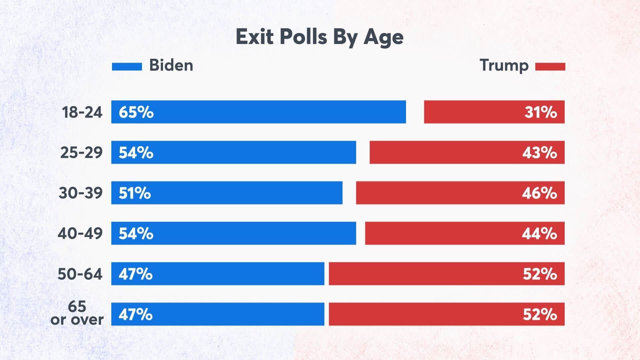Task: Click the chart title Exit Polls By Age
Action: coord(319,37)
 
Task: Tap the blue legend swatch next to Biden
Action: coord(127,67)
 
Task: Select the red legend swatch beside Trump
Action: coord(550,67)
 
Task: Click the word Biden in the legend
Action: coord(171,65)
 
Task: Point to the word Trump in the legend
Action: coord(504,66)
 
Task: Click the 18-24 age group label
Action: coord(82,112)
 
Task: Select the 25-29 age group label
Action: coord(81,153)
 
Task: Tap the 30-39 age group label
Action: coord(81,193)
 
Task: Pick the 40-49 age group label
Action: coord(80,233)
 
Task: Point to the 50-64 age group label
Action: coord(80,274)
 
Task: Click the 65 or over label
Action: coord(77,313)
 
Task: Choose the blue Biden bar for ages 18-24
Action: coord(267,112)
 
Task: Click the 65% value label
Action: coord(136,112)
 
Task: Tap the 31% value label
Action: coord(541,112)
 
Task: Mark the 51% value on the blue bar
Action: coord(135,193)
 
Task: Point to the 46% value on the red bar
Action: coord(539,193)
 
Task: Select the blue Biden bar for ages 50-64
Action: coord(233,274)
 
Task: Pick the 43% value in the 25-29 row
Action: coord(539,153)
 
